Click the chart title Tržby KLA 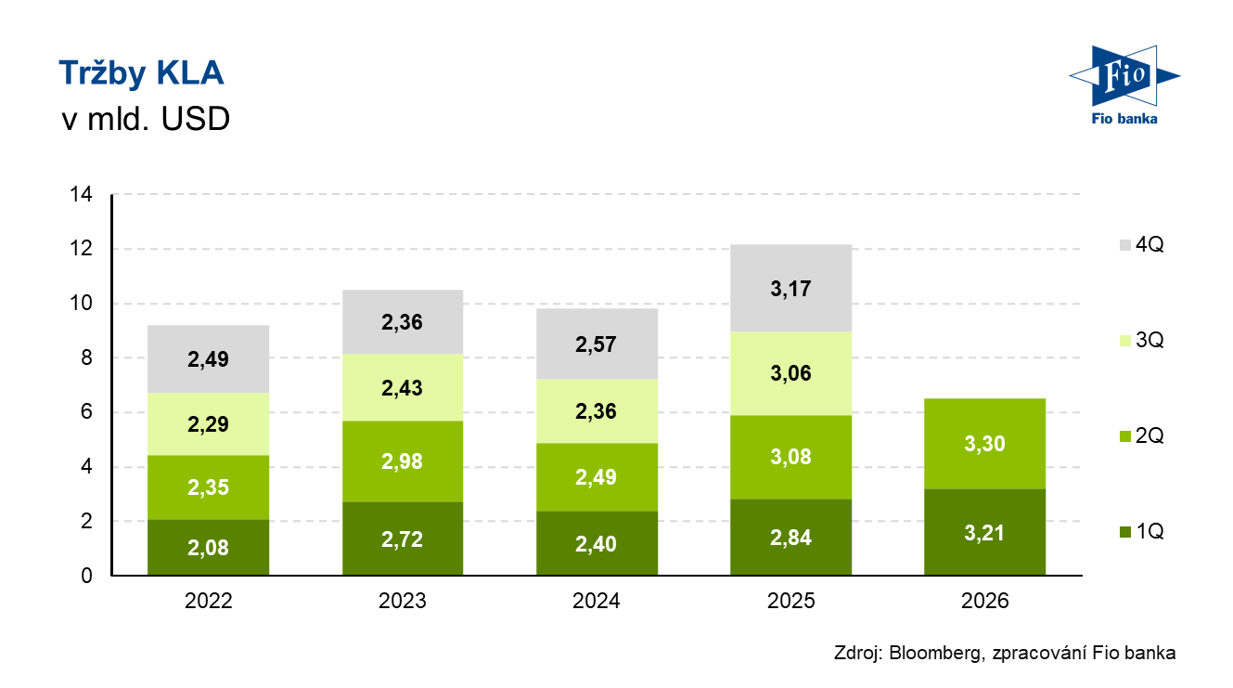pos(141,73)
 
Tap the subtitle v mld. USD pos(144,120)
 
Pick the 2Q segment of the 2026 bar pos(985,443)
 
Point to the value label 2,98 pos(403,461)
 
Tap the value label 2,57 pos(597,344)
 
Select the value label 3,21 pos(985,533)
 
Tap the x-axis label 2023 pos(403,601)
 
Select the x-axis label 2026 pos(985,601)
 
